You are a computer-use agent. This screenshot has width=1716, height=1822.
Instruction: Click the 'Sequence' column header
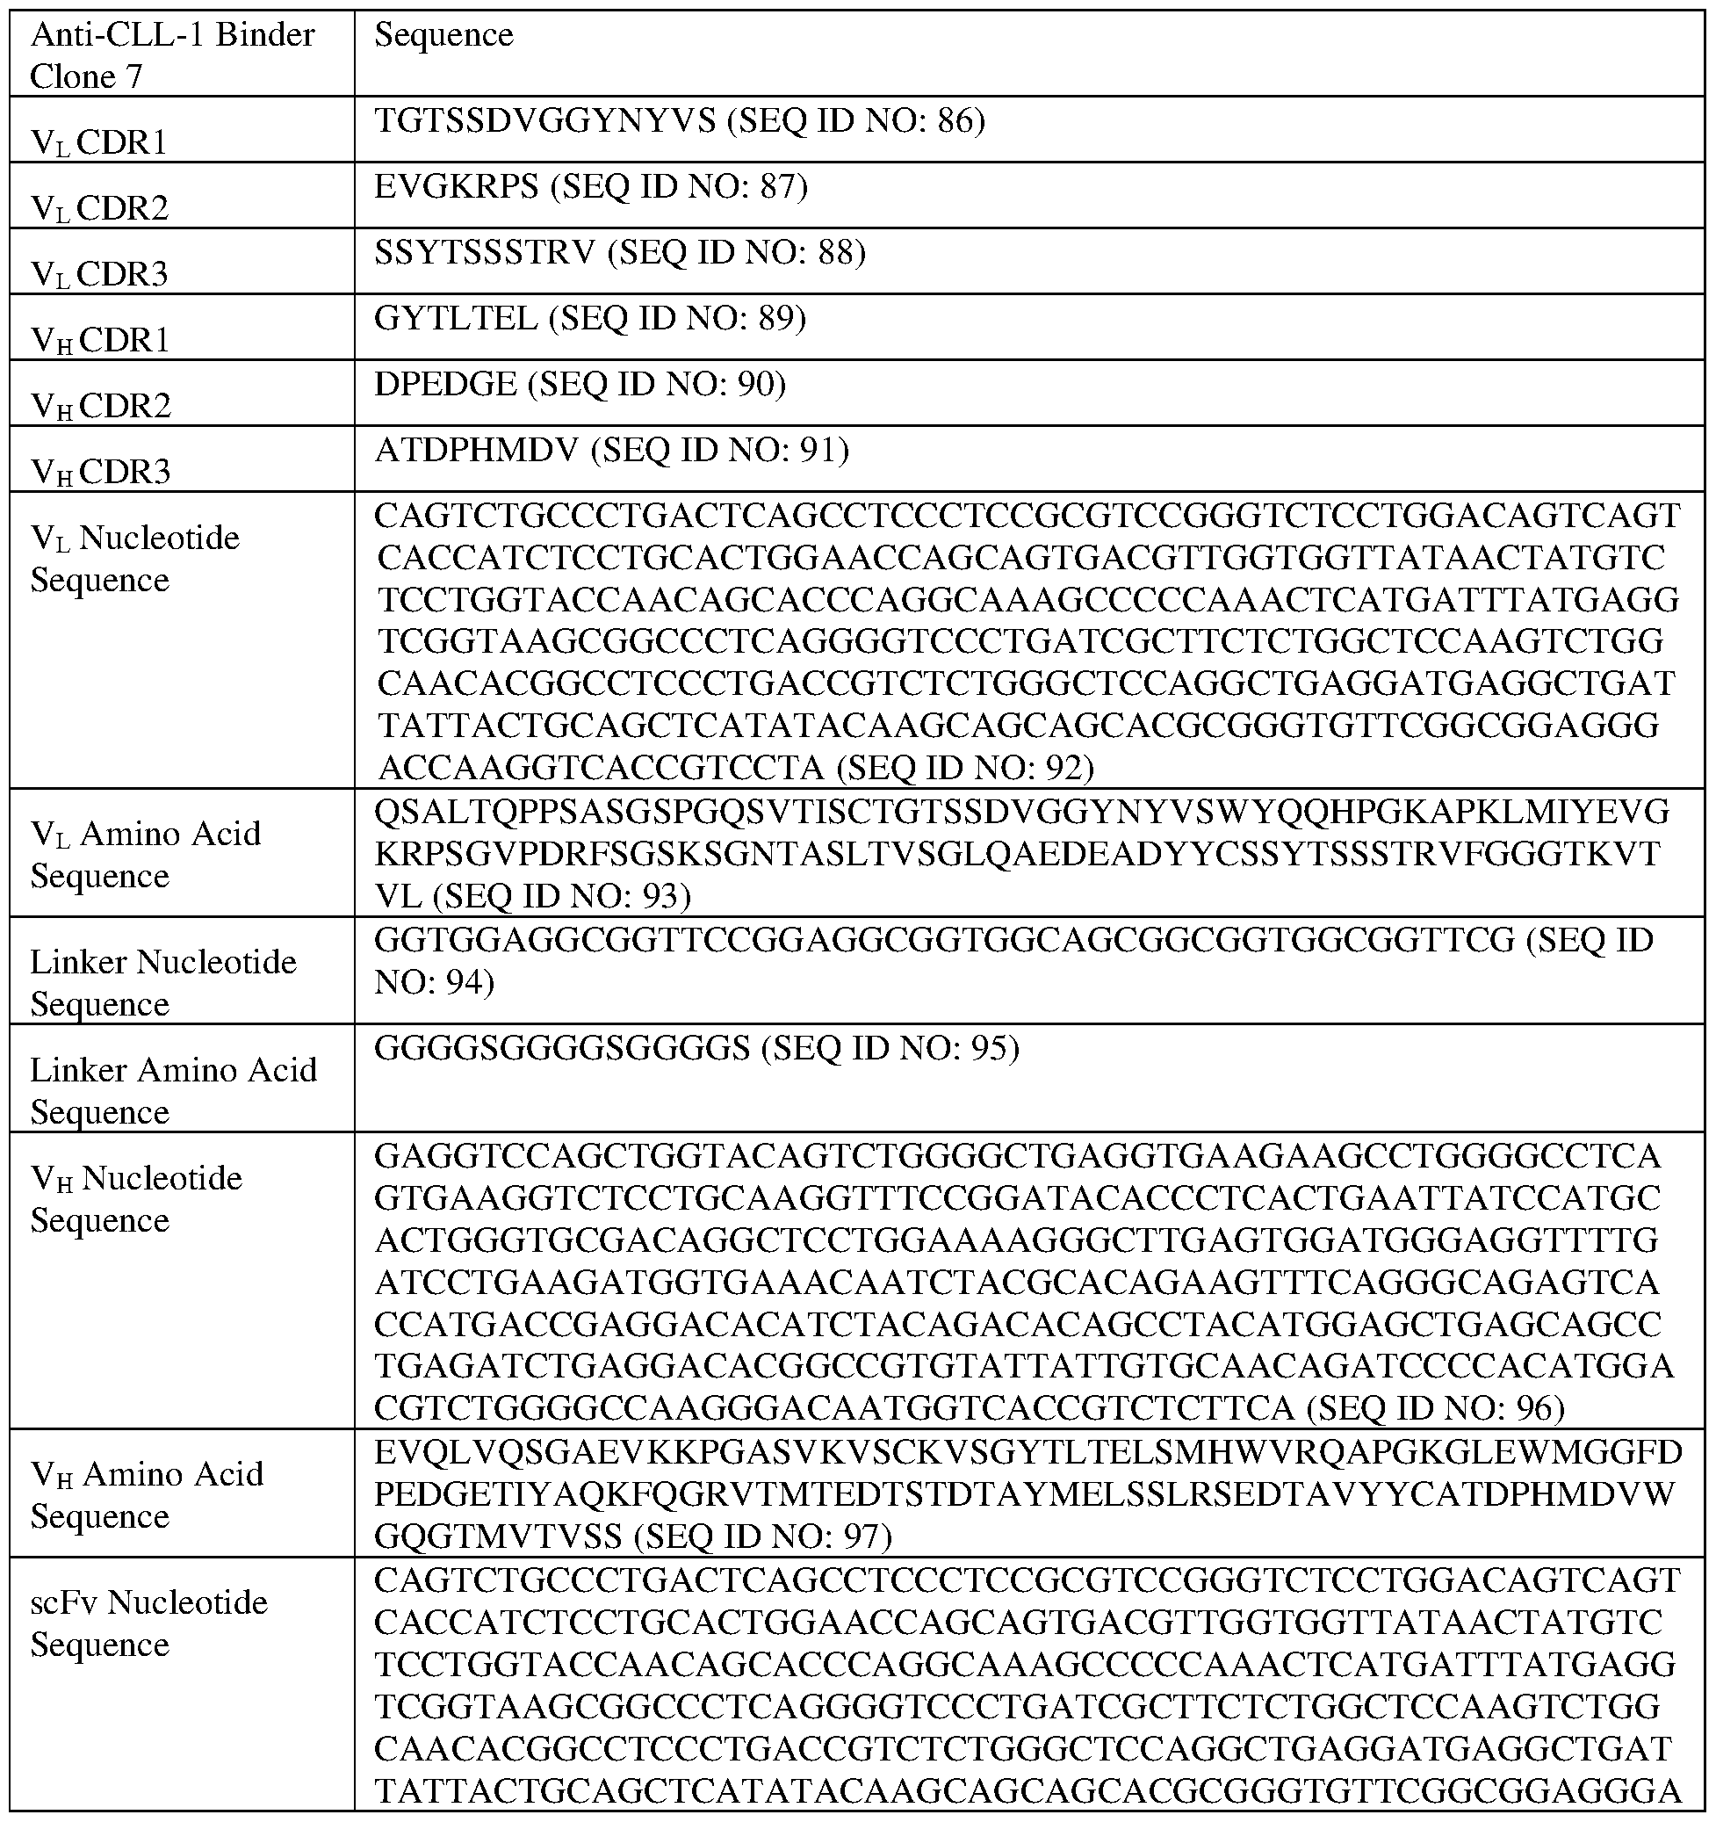pyautogui.click(x=443, y=36)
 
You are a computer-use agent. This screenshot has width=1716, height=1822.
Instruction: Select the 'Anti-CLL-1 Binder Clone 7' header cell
pyautogui.click(x=172, y=55)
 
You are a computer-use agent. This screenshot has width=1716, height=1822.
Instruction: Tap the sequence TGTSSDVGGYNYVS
pyautogui.click(x=544, y=121)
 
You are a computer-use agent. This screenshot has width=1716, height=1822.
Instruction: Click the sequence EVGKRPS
pyautogui.click(x=457, y=187)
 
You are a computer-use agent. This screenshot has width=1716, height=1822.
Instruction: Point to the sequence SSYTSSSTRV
pyautogui.click(x=485, y=252)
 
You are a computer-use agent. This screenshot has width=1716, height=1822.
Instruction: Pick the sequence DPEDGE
pyautogui.click(x=445, y=384)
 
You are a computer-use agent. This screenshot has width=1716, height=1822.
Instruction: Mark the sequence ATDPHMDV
pyautogui.click(x=476, y=450)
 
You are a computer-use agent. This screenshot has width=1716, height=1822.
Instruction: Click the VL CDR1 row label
pyautogui.click(x=99, y=142)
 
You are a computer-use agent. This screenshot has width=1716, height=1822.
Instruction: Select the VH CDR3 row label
pyautogui.click(x=101, y=471)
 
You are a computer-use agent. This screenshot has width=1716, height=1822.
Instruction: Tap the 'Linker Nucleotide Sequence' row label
pyautogui.click(x=163, y=982)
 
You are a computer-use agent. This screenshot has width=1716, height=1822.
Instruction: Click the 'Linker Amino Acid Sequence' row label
pyautogui.click(x=173, y=1090)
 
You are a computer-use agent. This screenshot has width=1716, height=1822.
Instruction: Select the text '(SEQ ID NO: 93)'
pyautogui.click(x=560, y=895)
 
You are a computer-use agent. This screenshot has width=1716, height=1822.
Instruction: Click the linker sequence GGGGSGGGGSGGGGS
pyautogui.click(x=562, y=1047)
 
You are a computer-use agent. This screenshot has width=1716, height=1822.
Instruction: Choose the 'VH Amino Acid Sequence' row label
pyautogui.click(x=147, y=1495)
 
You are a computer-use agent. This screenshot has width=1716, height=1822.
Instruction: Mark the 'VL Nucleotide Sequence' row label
pyautogui.click(x=134, y=558)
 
